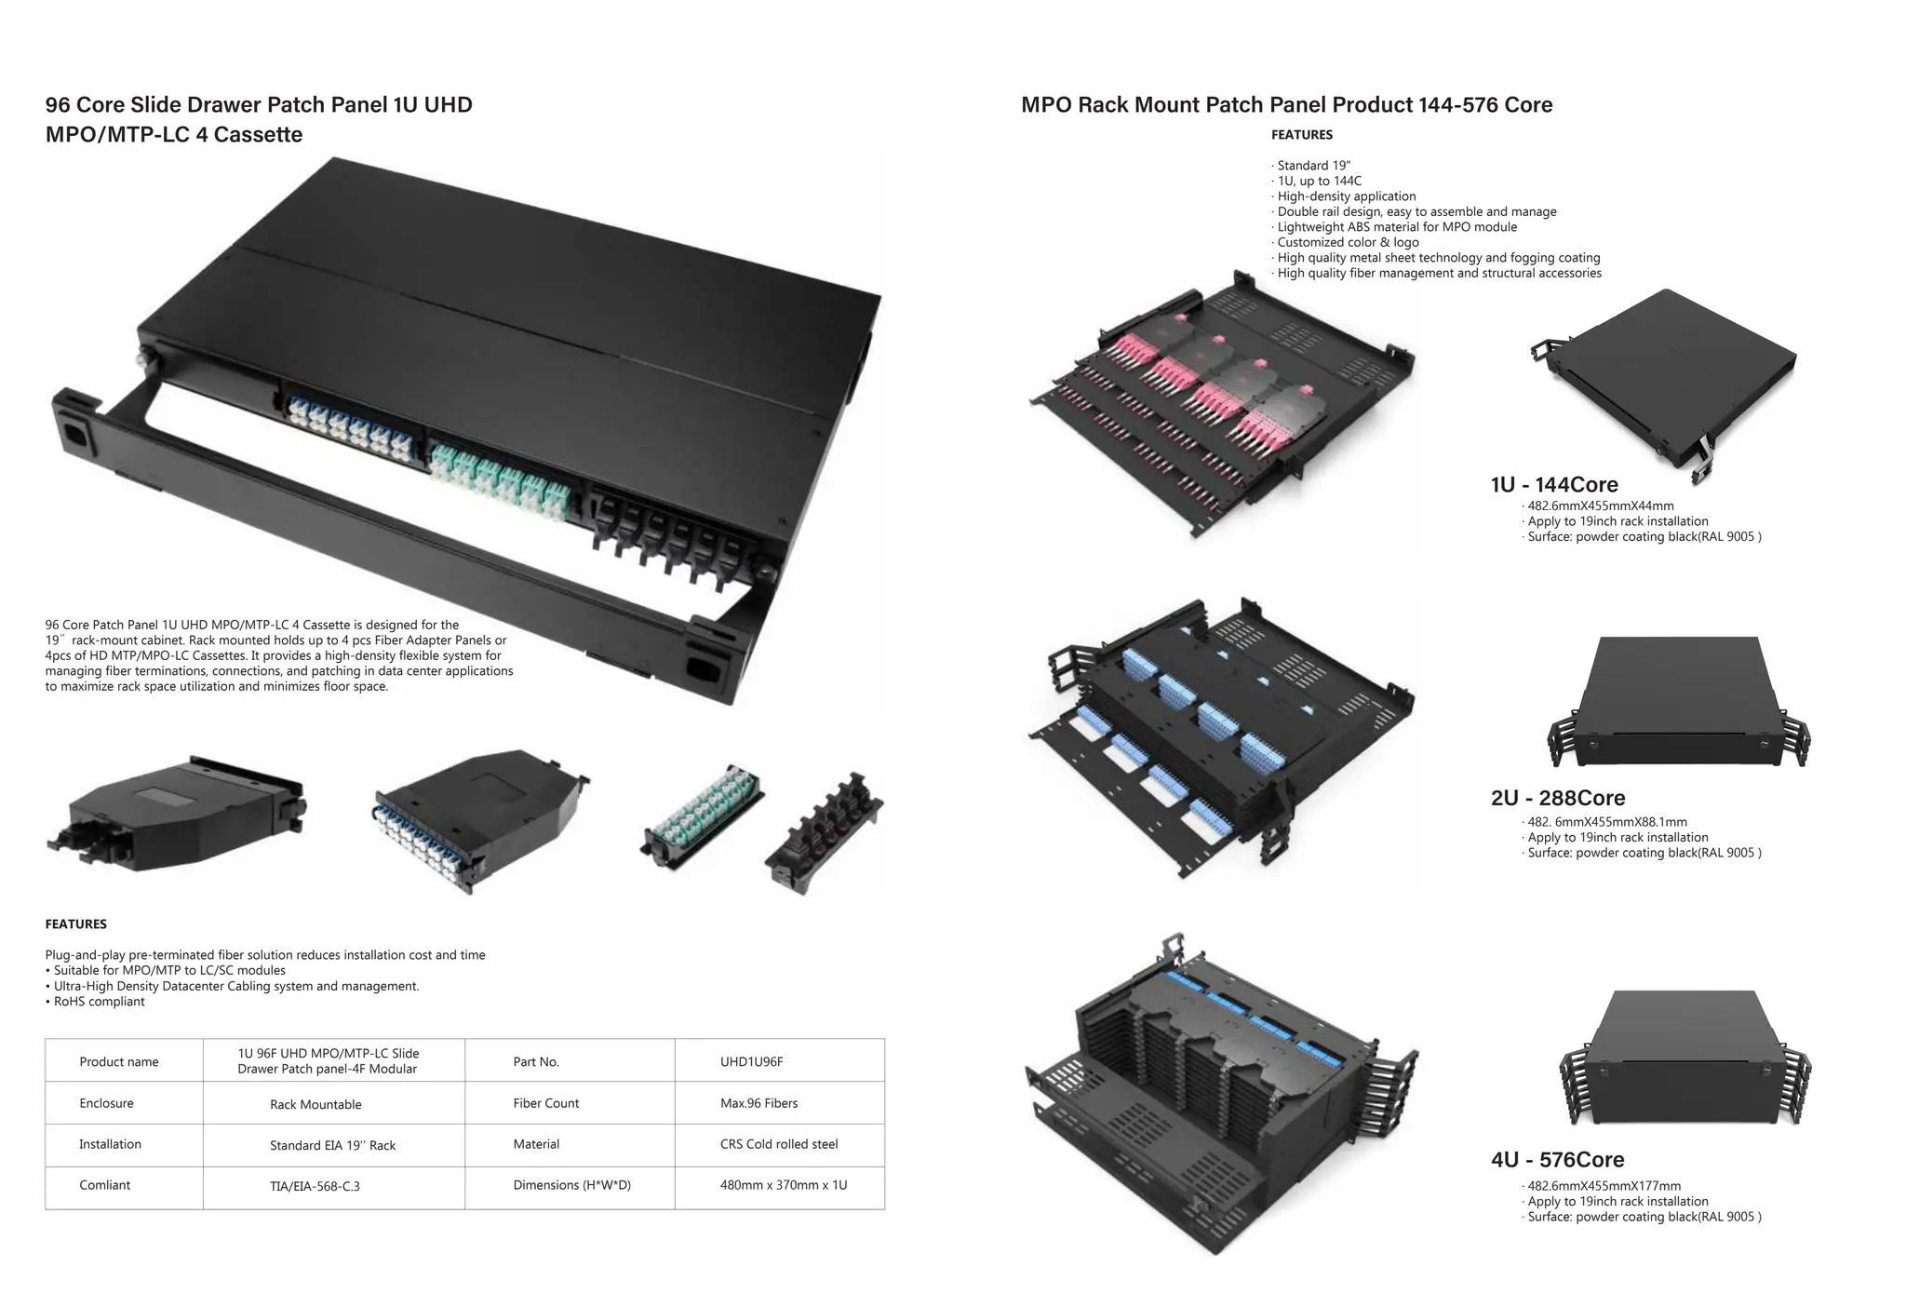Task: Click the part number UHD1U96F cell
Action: [751, 1061]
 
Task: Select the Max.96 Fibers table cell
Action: [758, 1103]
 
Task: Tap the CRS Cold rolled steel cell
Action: [778, 1144]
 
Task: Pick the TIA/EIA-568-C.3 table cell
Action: [315, 1186]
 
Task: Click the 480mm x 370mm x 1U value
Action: [783, 1185]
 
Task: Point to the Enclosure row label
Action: [106, 1103]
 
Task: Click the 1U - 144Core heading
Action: [1553, 485]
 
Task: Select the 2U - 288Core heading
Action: [1557, 798]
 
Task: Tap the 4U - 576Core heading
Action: [1557, 1160]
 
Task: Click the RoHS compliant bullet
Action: [99, 1002]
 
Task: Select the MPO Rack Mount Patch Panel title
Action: [1286, 105]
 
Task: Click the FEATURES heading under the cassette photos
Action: [75, 924]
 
